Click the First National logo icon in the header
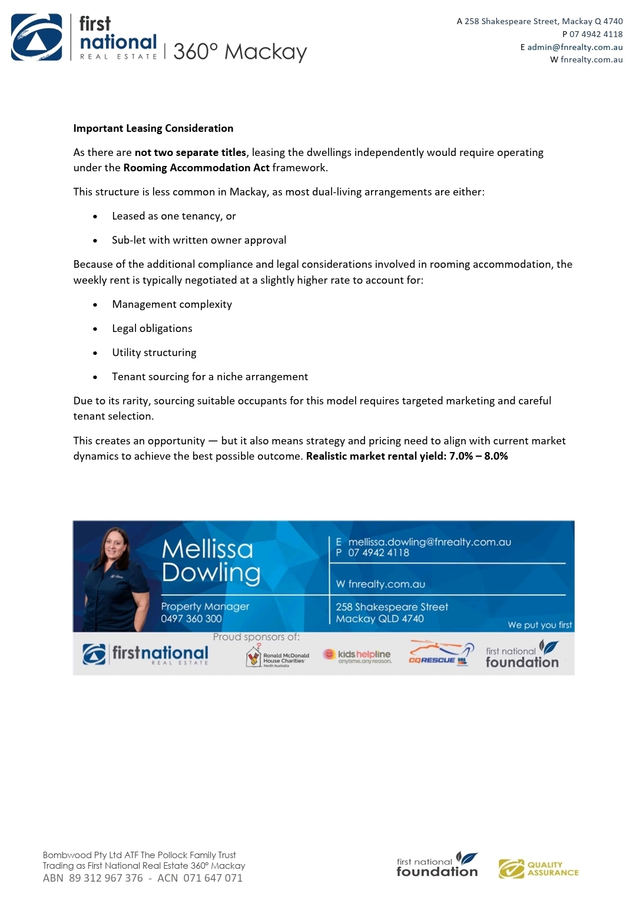click(37, 38)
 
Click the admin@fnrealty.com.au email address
click(575, 47)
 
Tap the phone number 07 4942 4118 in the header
click(596, 34)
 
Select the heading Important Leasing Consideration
click(153, 128)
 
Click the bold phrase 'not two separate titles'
click(190, 152)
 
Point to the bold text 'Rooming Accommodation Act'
click(196, 168)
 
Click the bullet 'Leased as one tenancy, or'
click(174, 216)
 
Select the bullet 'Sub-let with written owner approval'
click(199, 240)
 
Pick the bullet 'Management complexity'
click(172, 304)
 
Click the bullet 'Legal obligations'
click(152, 328)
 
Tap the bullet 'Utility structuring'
click(154, 353)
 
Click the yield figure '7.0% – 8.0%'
click(478, 456)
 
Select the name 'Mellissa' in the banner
click(207, 549)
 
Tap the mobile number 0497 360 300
click(191, 619)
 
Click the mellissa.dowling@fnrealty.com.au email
click(429, 542)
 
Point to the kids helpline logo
click(357, 656)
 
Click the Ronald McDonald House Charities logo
click(277, 656)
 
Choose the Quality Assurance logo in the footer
click(538, 869)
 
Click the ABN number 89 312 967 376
click(106, 878)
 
